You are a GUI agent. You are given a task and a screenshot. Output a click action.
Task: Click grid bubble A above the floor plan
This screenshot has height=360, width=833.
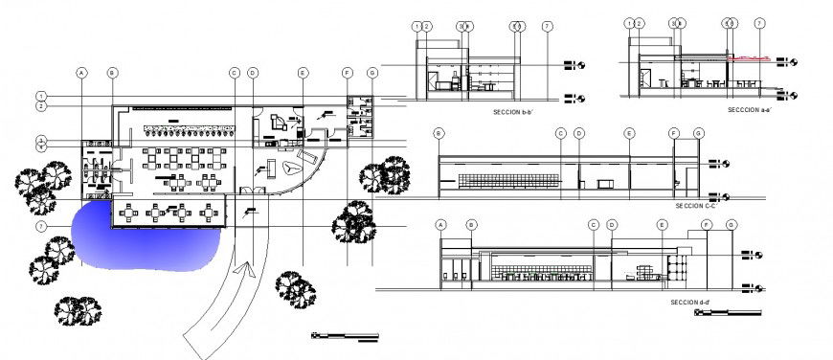click(x=82, y=73)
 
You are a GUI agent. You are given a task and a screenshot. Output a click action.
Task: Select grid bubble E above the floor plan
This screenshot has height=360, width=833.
click(x=303, y=73)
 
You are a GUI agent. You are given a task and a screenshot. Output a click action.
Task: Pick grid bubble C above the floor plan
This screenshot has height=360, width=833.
click(x=234, y=73)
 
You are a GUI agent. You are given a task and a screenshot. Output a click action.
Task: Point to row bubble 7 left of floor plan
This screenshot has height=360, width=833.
click(x=41, y=226)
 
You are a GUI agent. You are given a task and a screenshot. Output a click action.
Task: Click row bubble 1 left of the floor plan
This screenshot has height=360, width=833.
click(x=41, y=97)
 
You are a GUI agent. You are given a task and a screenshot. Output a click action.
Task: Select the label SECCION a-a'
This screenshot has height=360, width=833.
click(x=749, y=110)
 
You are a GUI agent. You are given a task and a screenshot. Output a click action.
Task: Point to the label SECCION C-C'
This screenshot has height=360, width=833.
click(x=696, y=205)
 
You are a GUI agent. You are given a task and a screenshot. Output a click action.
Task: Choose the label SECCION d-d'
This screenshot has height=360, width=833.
click(x=690, y=302)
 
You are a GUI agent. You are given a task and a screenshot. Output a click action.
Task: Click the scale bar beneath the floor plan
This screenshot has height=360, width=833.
click(x=345, y=335)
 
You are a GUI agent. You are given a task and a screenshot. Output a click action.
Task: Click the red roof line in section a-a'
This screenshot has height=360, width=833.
click(x=751, y=57)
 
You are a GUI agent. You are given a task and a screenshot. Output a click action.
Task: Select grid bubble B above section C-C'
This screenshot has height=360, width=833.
click(x=439, y=133)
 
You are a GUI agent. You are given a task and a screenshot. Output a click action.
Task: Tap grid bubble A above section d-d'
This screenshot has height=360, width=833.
click(x=441, y=225)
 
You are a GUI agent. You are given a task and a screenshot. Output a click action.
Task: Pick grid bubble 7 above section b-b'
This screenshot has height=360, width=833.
click(x=546, y=26)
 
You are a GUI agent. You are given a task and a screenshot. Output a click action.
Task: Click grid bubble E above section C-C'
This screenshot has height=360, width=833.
click(x=629, y=133)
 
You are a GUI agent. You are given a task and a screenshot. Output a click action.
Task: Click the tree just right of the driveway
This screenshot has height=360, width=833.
click(x=290, y=286)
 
